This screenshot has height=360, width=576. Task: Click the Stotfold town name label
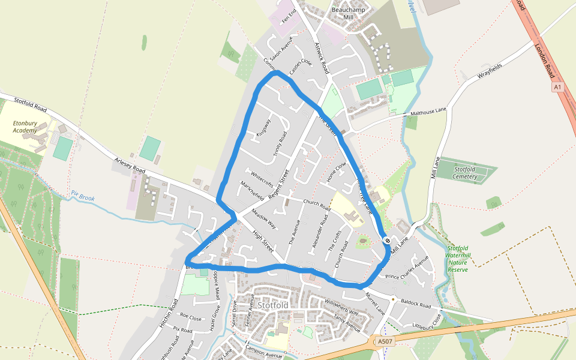273,305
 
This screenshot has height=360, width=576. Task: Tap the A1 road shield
558,87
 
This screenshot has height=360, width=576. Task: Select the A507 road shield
385,341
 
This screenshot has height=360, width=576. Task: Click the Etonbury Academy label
25,127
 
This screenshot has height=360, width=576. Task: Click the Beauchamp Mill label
349,14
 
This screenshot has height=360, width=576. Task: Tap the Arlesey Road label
130,167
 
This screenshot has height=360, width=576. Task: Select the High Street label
263,241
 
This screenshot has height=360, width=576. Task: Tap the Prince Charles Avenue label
408,268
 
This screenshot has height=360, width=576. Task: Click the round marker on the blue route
387,241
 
